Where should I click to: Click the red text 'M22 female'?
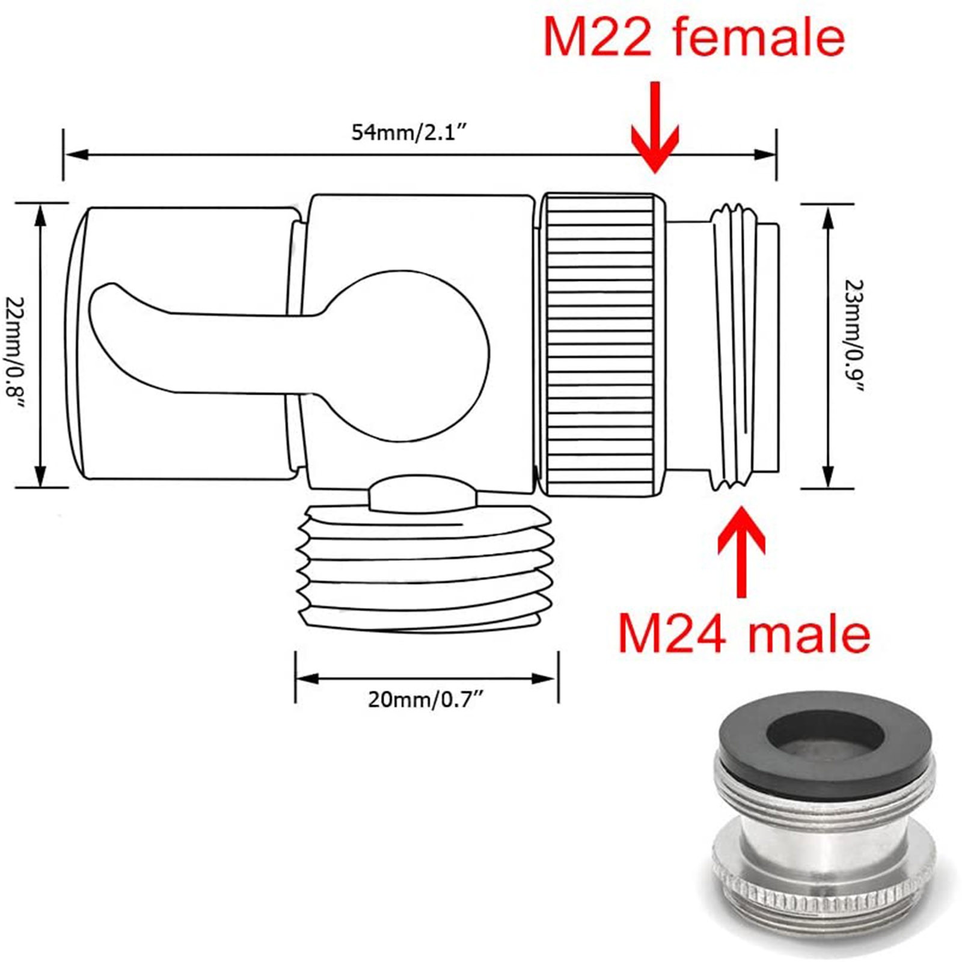(694, 37)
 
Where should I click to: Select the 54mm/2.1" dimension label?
(409, 132)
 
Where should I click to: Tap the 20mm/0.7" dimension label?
(426, 699)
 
